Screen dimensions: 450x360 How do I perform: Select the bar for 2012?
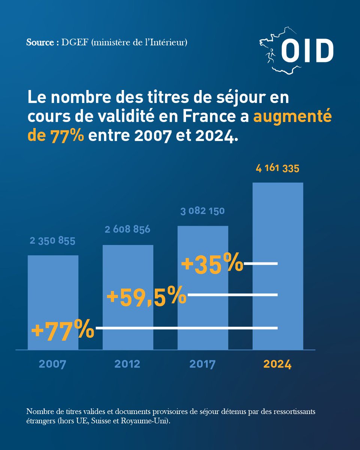pyautogui.click(x=128, y=270)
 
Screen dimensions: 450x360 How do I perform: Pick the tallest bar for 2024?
pyautogui.click(x=278, y=225)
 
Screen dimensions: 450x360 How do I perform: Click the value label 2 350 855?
pyautogui.click(x=53, y=240)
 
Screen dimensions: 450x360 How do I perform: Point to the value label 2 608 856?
pyautogui.click(x=127, y=229)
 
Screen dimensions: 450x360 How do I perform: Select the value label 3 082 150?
pyautogui.click(x=202, y=211)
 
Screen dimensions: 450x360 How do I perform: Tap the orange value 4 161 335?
pyautogui.click(x=277, y=168)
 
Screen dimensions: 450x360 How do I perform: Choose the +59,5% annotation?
pyautogui.click(x=146, y=295)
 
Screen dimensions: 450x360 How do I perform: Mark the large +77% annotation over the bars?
pyautogui.click(x=62, y=329)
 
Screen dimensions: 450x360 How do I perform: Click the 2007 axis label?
pyautogui.click(x=53, y=364)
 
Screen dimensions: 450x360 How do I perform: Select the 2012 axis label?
pyautogui.click(x=128, y=364)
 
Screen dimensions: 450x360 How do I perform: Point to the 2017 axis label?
pyautogui.click(x=202, y=364)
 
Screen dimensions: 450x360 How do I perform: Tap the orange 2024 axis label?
pyautogui.click(x=277, y=364)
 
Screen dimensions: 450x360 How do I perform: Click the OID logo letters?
pyautogui.click(x=307, y=51)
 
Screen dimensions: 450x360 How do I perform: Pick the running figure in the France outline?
pyautogui.click(x=270, y=55)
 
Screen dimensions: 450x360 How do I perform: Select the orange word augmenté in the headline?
pyautogui.click(x=293, y=117)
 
